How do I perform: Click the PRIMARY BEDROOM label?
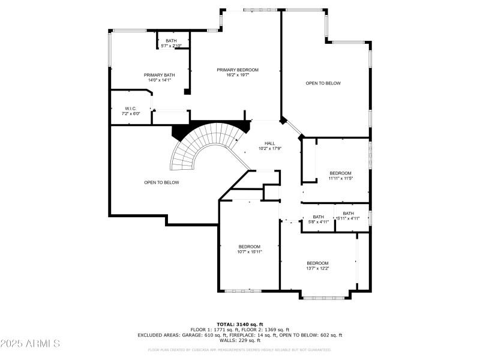tap(238, 70)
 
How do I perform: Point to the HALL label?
tap(270, 143)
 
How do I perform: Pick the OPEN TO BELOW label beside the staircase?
tap(161, 182)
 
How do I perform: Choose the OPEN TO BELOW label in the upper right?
tap(323, 83)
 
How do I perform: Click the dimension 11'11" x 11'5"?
tap(340, 178)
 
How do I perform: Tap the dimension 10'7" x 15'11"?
tap(250, 252)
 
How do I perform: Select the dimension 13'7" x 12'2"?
tap(317, 268)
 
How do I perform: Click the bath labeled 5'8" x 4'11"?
tap(318, 220)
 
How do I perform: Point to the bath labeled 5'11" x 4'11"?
tap(348, 215)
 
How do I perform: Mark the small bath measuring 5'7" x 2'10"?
tap(171, 43)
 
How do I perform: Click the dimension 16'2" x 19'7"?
tap(238, 75)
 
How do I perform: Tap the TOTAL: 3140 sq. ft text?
tap(240, 325)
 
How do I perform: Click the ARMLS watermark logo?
tap(30, 343)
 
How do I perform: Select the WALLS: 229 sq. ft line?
tap(240, 341)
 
